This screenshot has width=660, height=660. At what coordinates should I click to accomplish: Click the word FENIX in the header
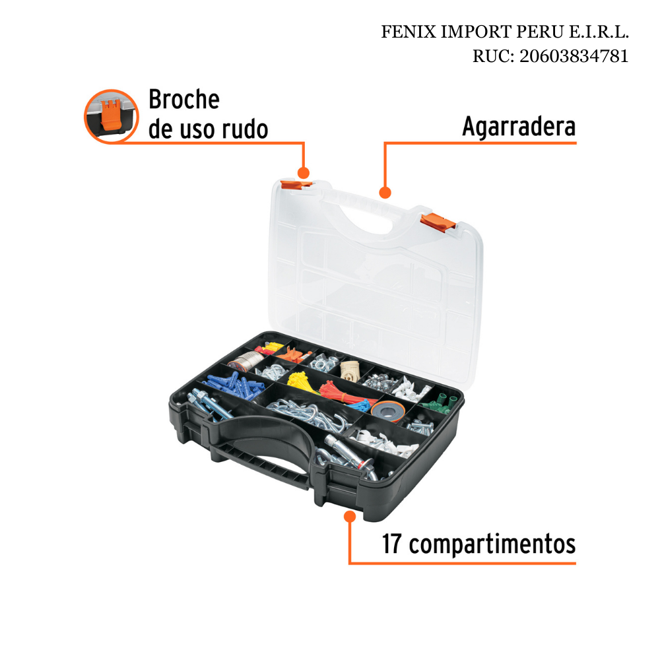pyautogui.click(x=409, y=32)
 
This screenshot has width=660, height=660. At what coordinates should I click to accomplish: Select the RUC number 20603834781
pyautogui.click(x=574, y=56)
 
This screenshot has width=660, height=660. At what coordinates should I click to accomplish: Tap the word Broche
pyautogui.click(x=184, y=100)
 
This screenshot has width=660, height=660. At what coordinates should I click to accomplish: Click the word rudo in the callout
pyautogui.click(x=245, y=129)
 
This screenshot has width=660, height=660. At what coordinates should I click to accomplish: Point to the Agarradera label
pyautogui.click(x=519, y=126)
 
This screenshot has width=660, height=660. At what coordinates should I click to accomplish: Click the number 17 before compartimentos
pyautogui.click(x=391, y=544)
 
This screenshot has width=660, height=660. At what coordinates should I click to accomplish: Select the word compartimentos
pyautogui.click(x=492, y=544)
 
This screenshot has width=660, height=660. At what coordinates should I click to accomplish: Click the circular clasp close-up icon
pyautogui.click(x=111, y=116)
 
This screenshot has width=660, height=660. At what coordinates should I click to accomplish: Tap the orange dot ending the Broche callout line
pyautogui.click(x=304, y=172)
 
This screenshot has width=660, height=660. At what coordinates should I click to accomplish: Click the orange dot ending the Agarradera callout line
pyautogui.click(x=385, y=193)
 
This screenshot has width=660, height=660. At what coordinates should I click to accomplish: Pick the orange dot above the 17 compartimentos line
pyautogui.click(x=350, y=516)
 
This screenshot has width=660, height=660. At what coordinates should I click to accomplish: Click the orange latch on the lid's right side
pyautogui.click(x=438, y=221)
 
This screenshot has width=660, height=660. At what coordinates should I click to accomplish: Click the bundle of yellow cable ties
pyautogui.click(x=302, y=381)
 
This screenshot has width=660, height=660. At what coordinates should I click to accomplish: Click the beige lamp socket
pyautogui.click(x=350, y=371)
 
